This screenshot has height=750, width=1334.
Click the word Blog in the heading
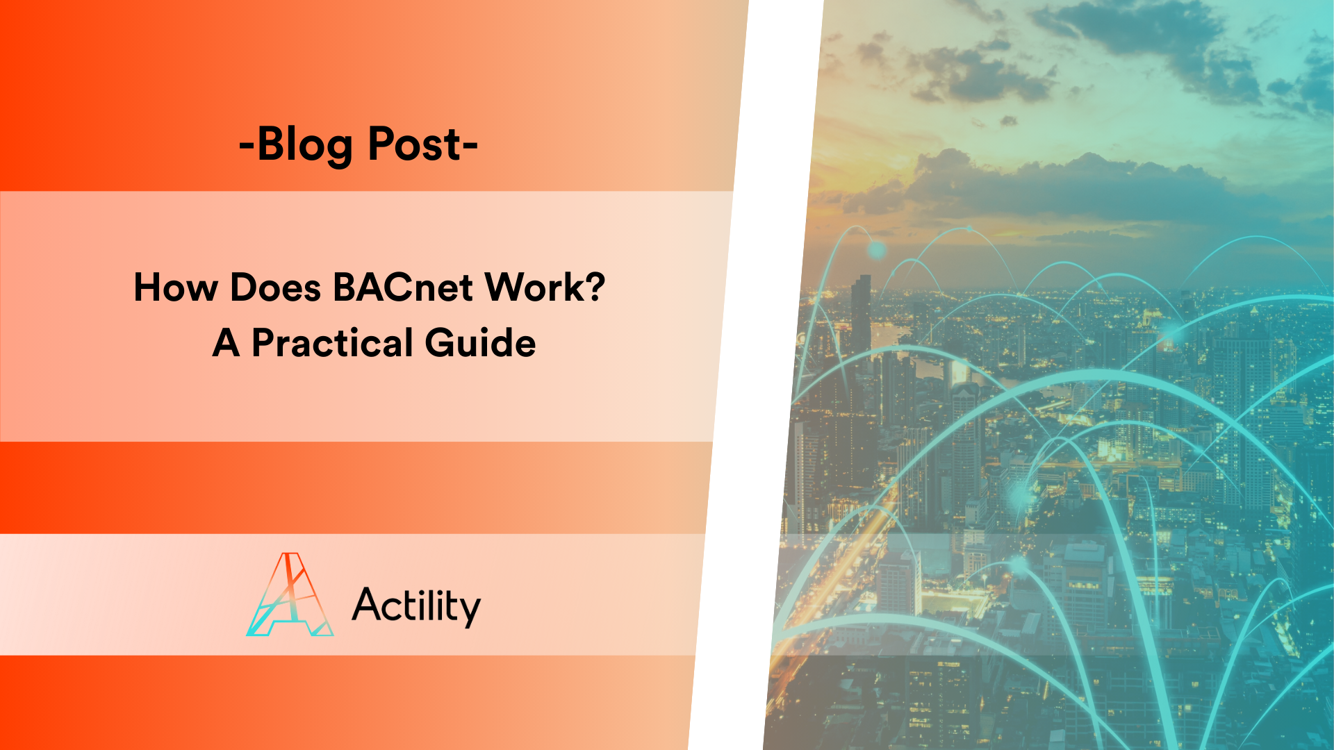pos(304,144)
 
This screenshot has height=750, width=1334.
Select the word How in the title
pos(175,287)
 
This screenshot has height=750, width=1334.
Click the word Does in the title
pos(275,287)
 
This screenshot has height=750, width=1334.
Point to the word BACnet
pos(403,287)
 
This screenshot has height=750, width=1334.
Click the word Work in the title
pos(529,287)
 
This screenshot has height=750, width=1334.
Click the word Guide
pos(480,343)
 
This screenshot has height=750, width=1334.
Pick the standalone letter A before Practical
pos(227,343)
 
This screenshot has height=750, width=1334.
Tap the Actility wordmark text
pos(416,606)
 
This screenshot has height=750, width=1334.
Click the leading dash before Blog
pos(246,146)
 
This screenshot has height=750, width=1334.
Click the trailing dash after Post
pos(470,146)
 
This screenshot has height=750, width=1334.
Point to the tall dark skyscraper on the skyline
pos(861,312)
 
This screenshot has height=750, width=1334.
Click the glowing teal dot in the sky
pos(877,249)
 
